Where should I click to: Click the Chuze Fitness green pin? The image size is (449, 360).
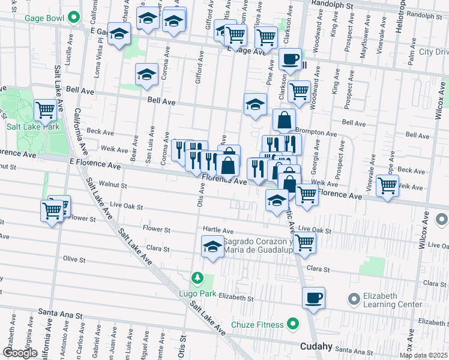(293, 325)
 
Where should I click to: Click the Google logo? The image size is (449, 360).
(20, 353)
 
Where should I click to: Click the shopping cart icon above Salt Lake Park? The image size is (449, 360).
(46, 110)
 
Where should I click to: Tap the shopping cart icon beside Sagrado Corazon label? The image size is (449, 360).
(304, 244)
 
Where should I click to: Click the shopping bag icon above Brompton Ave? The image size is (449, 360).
(284, 120)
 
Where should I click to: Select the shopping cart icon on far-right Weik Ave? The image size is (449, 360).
(388, 185)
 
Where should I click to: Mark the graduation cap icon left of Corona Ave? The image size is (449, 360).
(146, 75)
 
